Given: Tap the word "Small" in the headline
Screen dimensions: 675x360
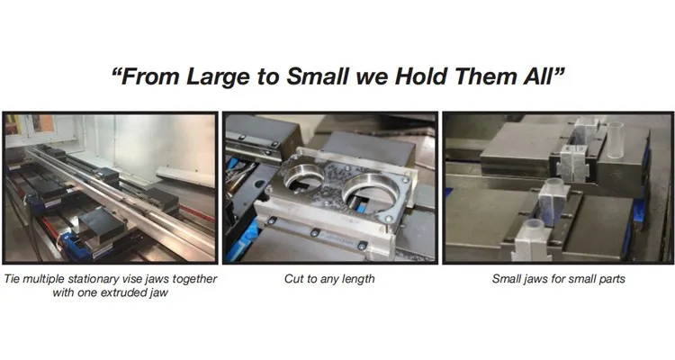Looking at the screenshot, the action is coord(318,76).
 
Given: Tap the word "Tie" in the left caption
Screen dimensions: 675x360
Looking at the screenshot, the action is coord(11,279).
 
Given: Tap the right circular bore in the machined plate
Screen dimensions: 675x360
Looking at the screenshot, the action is coord(370,193).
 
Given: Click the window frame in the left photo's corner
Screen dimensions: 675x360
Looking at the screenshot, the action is coord(31,125).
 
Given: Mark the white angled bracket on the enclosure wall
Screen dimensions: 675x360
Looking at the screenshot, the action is coord(185,176).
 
